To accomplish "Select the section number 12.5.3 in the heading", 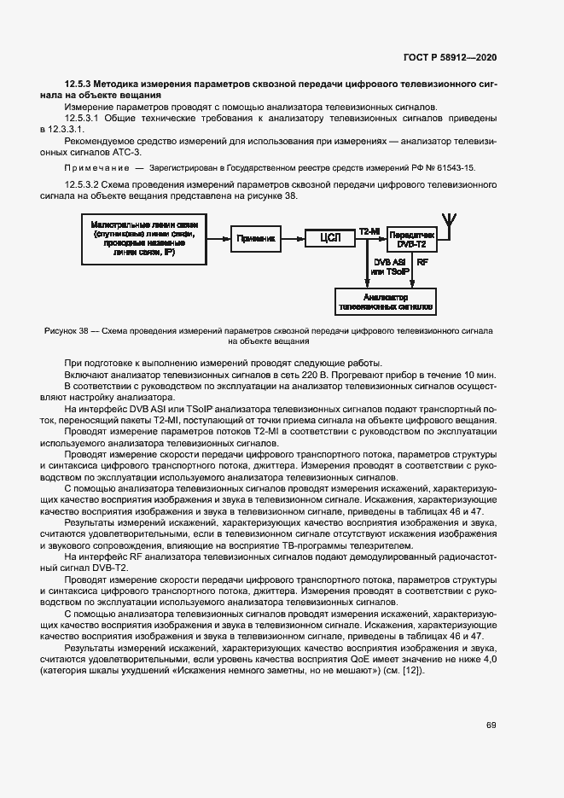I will point(78,84).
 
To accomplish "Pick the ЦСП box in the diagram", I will point(329,239).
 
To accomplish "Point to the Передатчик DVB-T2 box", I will point(411,239).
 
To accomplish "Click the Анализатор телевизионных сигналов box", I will point(386,300).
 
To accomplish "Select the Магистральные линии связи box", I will point(143,239).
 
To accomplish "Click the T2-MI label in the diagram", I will point(369,231).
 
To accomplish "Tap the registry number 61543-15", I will point(456,169).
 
